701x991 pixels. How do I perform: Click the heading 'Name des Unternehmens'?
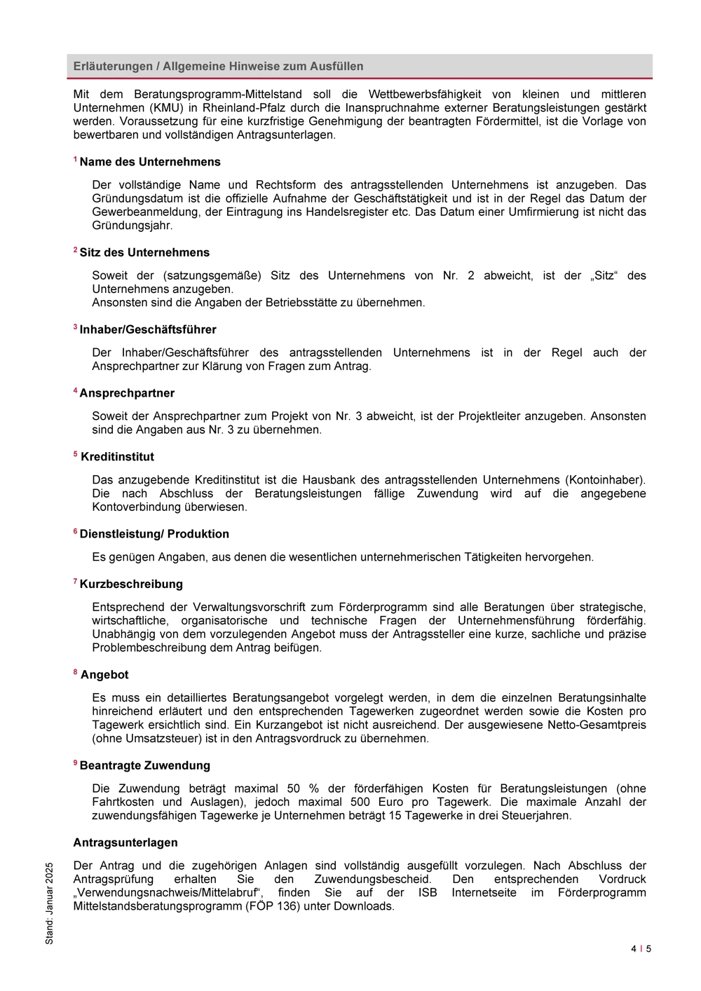[150, 162]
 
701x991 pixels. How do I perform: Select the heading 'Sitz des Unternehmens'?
[144, 252]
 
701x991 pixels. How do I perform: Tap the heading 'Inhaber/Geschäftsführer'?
[148, 329]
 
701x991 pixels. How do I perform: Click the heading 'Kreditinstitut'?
[117, 457]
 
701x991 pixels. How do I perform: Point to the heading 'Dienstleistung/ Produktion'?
[154, 534]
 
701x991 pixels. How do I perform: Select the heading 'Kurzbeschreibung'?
[131, 584]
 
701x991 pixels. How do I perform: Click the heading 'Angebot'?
[104, 675]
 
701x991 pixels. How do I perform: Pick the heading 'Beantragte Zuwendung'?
[145, 765]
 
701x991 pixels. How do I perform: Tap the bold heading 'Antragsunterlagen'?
[125, 842]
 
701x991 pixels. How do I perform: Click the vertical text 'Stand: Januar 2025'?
[49, 903]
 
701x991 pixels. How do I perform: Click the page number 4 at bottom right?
[634, 949]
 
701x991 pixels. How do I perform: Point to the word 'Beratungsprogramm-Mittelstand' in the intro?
[218, 94]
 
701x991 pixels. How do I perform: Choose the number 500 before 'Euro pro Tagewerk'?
[360, 802]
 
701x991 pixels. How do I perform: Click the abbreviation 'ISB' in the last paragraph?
[428, 892]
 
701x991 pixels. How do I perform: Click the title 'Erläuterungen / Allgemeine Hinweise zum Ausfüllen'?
[219, 67]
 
